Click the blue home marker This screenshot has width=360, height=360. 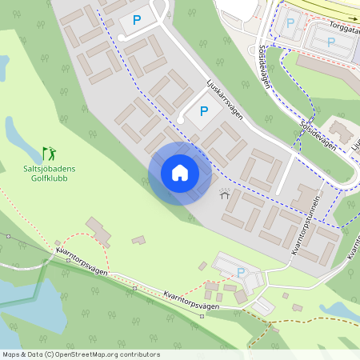(x=180, y=174)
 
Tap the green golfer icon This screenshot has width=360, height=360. (x=50, y=152)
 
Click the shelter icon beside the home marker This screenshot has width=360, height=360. (x=224, y=193)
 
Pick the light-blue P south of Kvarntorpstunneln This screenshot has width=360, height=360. (x=241, y=273)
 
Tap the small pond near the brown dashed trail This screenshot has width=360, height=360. (x=340, y=310)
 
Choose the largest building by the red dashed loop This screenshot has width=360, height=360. (x=100, y=231)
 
